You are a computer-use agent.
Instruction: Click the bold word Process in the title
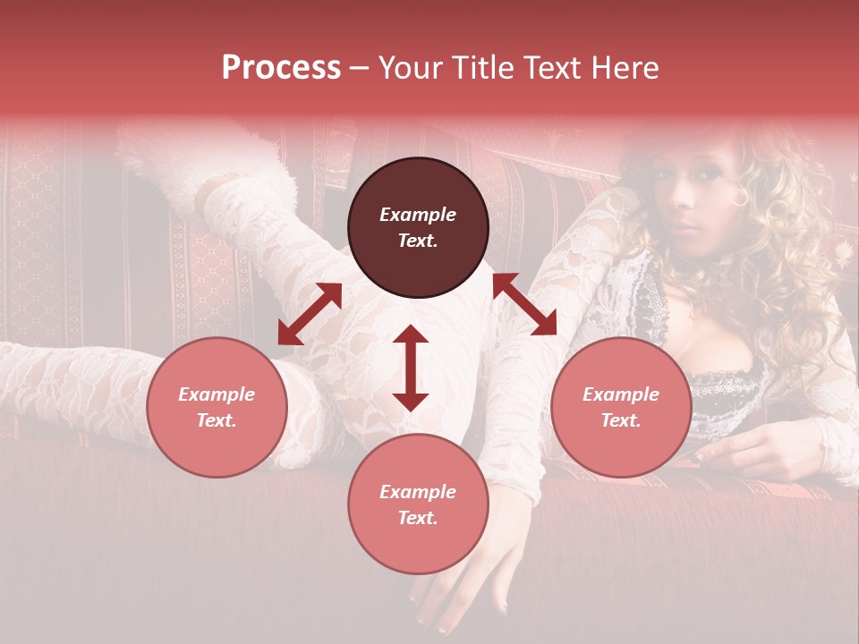tap(281, 68)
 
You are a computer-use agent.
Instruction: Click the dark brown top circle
tap(418, 227)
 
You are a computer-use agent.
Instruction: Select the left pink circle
tap(217, 407)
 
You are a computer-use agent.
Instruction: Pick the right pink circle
tap(621, 407)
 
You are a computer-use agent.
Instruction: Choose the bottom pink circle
tap(418, 504)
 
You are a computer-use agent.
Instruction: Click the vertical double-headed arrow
tap(411, 368)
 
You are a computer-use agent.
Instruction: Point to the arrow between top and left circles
tap(310, 313)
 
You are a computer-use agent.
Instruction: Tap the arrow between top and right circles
tap(524, 304)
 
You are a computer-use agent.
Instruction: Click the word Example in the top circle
tap(418, 215)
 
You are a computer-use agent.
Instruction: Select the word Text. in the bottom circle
tap(418, 518)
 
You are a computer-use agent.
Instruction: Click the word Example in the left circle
tap(217, 394)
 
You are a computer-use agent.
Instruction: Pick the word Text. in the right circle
tap(621, 420)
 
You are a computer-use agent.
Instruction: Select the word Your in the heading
tap(409, 68)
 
